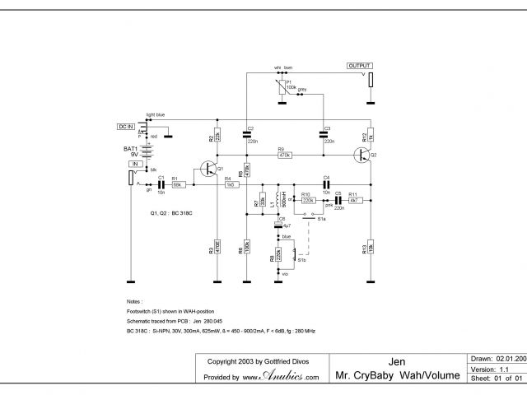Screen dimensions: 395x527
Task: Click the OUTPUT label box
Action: pos(359,65)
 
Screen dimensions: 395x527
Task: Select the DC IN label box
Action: pos(126,126)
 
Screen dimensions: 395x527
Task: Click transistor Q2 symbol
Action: pos(363,154)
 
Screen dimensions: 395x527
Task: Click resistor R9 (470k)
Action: pos(285,154)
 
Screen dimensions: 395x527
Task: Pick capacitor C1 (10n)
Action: pos(161,184)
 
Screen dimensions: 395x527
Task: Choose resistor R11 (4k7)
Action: pos(353,200)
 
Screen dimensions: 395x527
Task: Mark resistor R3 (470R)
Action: pos(216,248)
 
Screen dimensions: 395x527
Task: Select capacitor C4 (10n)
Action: pos(326,184)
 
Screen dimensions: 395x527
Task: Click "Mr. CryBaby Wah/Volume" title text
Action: pos(397,376)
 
